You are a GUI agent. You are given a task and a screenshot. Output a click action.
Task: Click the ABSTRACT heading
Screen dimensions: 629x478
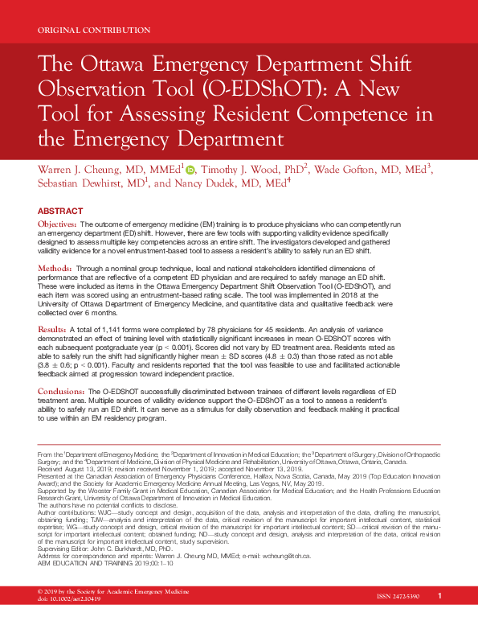pyautogui.click(x=61, y=211)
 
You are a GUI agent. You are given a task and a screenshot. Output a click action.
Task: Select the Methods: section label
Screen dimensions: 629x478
pyautogui.click(x=55, y=266)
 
